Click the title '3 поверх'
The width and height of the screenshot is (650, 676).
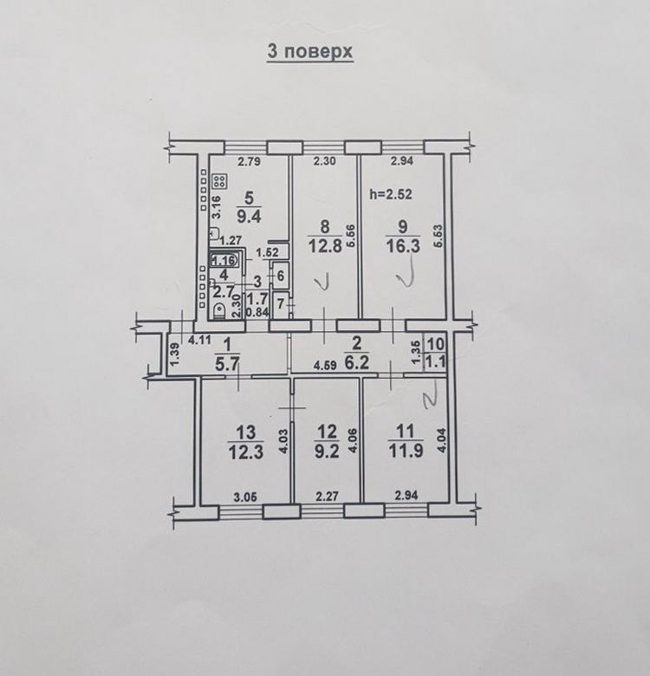(310, 51)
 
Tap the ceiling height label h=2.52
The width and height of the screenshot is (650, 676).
(391, 194)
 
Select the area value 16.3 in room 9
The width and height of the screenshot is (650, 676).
(403, 246)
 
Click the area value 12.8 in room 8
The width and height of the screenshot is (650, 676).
(325, 246)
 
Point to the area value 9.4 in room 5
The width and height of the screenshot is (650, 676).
(249, 216)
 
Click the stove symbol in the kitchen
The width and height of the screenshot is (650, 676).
(220, 182)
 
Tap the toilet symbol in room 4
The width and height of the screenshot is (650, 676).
(219, 311)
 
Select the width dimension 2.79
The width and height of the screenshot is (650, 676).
(249, 162)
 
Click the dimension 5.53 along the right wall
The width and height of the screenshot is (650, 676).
(439, 236)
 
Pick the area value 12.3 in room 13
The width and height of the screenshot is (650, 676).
(246, 453)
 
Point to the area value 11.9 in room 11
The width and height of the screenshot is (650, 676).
(406, 452)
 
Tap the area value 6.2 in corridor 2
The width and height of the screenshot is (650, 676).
(357, 362)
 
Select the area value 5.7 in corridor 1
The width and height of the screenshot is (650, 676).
(227, 366)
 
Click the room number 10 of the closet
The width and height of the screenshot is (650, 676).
(435, 344)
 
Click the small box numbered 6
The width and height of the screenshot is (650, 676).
(281, 276)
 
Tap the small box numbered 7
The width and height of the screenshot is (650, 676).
(281, 305)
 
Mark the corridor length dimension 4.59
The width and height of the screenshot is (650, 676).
(325, 367)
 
